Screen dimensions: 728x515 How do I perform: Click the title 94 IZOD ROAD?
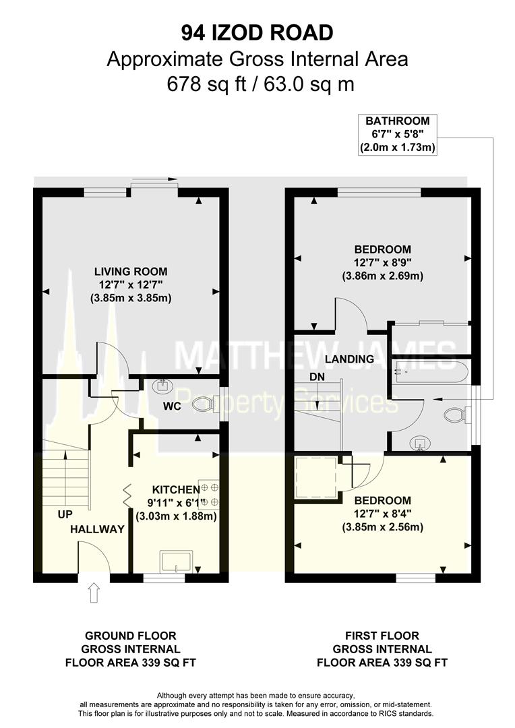257,32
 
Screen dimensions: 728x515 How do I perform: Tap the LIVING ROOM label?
131,272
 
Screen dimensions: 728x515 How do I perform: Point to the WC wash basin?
162,387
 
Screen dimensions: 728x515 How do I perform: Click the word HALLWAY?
98,529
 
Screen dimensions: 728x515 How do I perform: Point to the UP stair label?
65,514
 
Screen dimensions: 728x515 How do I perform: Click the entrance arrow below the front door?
94,594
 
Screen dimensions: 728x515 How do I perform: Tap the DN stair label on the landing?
316,378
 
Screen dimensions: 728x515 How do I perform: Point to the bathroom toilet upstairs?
457,413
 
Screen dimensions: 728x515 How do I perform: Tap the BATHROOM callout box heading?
397,121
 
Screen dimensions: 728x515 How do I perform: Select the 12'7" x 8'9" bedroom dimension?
382,263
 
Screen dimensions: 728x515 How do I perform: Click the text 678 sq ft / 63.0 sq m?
257,85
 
